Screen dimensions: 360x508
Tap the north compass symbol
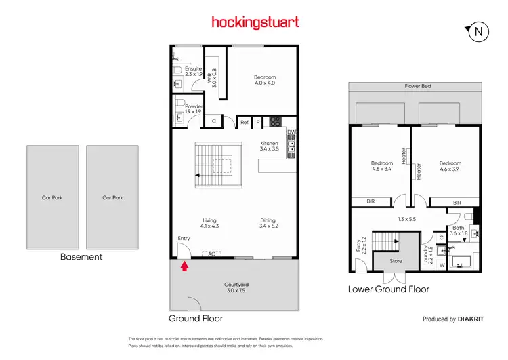pos(479,31)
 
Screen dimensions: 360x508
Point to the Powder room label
pos(184,108)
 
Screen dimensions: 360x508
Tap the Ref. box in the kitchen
pos(245,123)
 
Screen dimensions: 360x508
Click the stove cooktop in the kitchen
pos(276,122)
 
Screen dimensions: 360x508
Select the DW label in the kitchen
pos(291,132)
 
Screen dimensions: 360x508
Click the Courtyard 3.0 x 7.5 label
pos(234,287)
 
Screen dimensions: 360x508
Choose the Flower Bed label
pos(417,87)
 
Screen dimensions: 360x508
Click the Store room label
pos(396,261)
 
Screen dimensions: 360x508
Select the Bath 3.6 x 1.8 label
pos(459,231)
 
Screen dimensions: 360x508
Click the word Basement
pos(81,257)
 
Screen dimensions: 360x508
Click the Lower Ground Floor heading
pos(388,289)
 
